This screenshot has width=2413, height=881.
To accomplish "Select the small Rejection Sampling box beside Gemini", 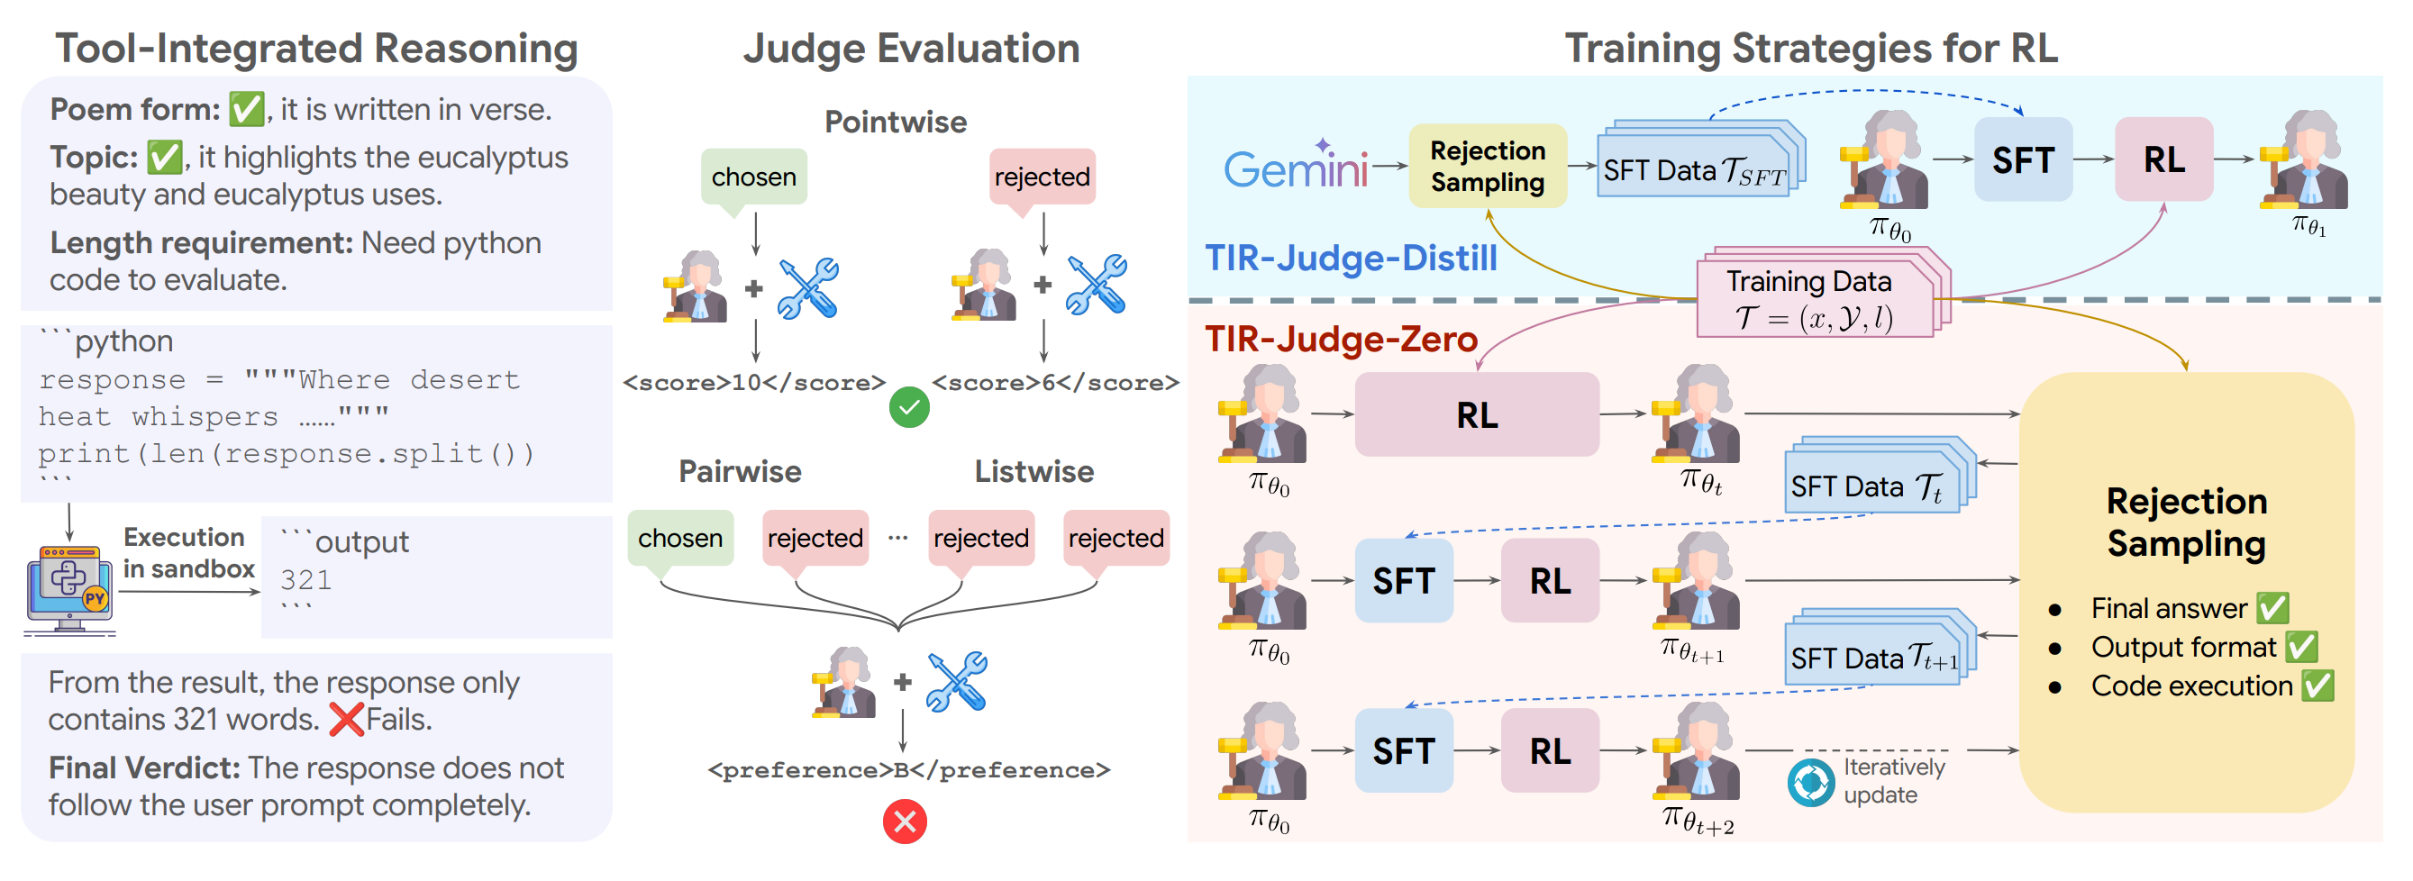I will point(1487,166).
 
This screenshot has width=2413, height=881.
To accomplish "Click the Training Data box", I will point(1815,299).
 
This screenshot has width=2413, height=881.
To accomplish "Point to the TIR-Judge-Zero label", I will point(1341,339).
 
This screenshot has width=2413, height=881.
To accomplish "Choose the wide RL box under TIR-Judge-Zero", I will point(1476,414).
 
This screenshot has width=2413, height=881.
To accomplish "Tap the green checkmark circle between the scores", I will point(908,407).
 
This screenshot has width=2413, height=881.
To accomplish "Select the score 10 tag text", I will point(754,382).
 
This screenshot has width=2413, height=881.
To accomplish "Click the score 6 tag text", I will point(1055,382).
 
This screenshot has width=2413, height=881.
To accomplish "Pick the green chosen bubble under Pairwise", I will point(680,538).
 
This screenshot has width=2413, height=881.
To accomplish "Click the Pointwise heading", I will point(895,122).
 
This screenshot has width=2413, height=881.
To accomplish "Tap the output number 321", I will point(305,580).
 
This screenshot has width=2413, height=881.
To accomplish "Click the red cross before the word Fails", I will point(347,719).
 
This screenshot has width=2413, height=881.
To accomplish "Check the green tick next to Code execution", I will point(2317,686).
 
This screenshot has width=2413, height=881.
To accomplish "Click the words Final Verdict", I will point(144,767).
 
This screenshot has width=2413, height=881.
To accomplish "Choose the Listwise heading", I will point(1033,471).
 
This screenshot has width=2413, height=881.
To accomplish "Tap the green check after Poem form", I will point(246,110).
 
